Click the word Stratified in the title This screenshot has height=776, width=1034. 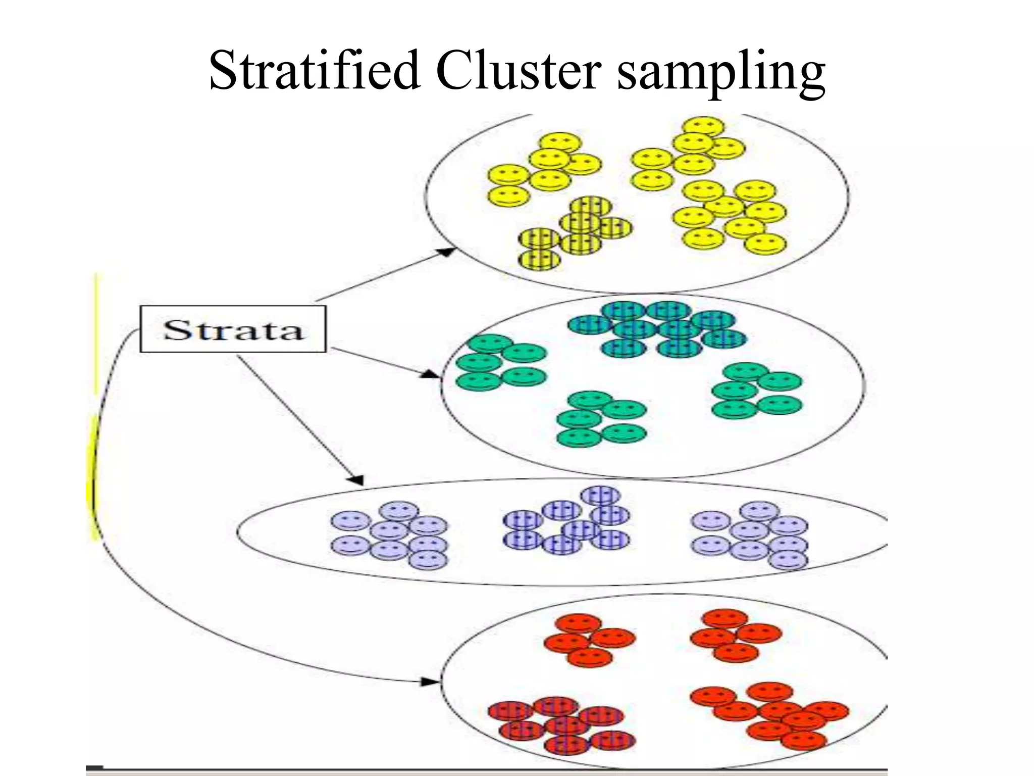tap(314, 71)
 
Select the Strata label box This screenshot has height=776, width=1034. tap(233, 329)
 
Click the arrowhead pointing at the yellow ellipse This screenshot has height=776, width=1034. tap(446, 251)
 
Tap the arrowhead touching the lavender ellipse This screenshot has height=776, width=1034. tap(356, 480)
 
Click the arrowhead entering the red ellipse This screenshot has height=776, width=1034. tap(432, 682)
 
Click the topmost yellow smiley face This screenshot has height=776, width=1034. tap(703, 126)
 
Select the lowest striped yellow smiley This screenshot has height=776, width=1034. tap(539, 260)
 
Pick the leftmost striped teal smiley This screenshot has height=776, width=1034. tap(589, 324)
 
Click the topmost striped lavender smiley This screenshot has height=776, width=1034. tap(600, 495)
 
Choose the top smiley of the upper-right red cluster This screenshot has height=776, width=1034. tap(725, 619)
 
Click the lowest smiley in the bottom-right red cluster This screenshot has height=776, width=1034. tap(803, 740)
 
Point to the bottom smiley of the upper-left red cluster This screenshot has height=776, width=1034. tap(590, 657)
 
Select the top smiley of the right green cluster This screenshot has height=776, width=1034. tap(745, 371)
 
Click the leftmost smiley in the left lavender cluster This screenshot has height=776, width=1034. tap(350, 520)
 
